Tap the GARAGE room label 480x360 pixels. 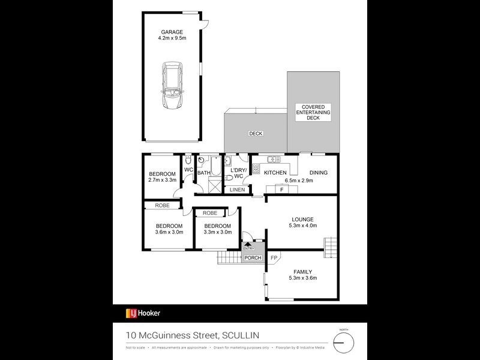pos(172,32)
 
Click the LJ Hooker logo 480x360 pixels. pos(143,313)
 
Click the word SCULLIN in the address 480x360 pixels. pos(241,335)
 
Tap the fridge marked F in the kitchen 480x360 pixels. pos(282,190)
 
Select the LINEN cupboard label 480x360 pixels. pos(238,190)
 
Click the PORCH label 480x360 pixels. pos(253,258)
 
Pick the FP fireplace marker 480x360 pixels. pos(274,258)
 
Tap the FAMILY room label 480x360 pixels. pos(302,271)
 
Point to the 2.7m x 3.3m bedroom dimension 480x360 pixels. pos(162,180)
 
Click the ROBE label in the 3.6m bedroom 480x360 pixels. pos(162,205)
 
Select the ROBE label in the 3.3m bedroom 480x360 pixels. pos(210,213)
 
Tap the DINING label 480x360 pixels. pos(319,173)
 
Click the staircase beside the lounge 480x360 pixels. pos(331,246)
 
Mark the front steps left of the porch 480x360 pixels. pos(229,258)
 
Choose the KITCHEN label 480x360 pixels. pos(275,173)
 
